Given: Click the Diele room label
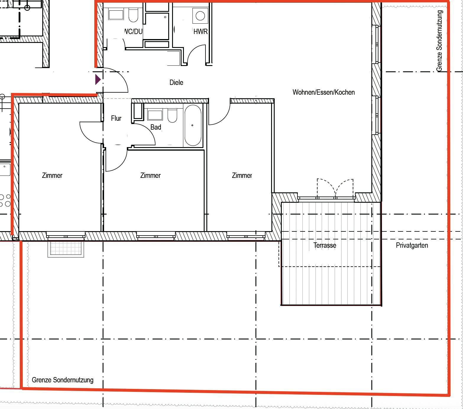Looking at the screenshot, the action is point(176,83).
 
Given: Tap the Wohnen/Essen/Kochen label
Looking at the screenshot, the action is point(323,92).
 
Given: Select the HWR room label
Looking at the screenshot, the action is point(200,32).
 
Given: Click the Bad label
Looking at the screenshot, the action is point(156,127).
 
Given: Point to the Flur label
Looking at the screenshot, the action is point(116,118).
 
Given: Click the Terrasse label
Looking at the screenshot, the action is point(325,245).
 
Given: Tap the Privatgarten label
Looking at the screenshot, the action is point(412,245).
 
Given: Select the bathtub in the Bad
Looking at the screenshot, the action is point(193,125).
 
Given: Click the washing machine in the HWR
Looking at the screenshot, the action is point(200,16).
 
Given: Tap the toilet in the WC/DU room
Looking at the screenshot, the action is point(133,15).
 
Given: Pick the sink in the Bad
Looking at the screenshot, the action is point(155,115).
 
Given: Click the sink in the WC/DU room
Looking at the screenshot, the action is point(116,15).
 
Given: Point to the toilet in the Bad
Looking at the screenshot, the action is point(172,115).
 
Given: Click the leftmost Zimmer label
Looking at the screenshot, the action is point(52,175).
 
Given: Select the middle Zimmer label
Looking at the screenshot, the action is point(150,175).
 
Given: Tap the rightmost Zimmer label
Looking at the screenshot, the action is point(242,175).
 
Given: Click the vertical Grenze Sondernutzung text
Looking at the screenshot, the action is point(440,41).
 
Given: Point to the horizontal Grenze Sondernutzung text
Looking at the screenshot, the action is point(63,380).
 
